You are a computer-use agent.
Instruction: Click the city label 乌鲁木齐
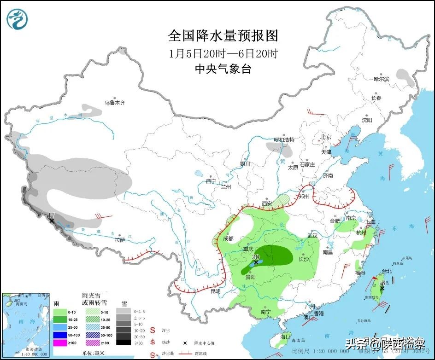114,103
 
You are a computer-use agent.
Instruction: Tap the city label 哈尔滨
381,79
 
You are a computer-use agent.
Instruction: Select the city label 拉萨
120,240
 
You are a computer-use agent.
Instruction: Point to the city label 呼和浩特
284,139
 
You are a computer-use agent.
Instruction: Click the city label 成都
228,238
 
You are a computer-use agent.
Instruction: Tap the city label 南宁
265,312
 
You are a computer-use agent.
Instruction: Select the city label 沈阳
366,120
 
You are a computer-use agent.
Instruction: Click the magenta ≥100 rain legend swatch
59,343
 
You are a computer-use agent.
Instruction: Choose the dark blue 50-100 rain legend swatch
59,335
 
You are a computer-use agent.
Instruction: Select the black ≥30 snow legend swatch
123,342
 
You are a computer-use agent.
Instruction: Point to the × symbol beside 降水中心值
185,343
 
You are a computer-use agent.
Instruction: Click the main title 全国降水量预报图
223,35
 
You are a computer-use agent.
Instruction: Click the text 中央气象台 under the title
223,69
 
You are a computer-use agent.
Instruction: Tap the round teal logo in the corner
18,19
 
